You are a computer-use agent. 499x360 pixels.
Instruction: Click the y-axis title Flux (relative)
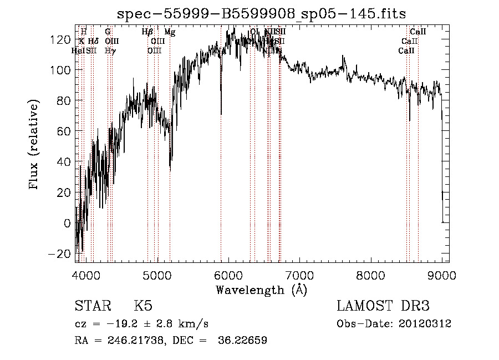click(x=34, y=145)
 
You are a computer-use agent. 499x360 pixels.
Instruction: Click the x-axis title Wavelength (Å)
click(x=261, y=290)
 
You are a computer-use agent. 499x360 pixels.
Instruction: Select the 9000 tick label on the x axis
click(x=442, y=273)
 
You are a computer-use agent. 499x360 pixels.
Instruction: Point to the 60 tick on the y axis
click(x=75, y=131)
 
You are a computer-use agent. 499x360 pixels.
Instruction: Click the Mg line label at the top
click(x=170, y=33)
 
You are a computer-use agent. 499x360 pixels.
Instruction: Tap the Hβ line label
click(x=147, y=33)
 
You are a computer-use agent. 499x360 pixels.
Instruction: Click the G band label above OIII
click(x=108, y=32)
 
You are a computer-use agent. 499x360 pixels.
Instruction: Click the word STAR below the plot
click(x=91, y=306)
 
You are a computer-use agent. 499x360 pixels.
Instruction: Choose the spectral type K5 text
click(x=143, y=306)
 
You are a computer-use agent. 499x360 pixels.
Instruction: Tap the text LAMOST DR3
click(x=383, y=306)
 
